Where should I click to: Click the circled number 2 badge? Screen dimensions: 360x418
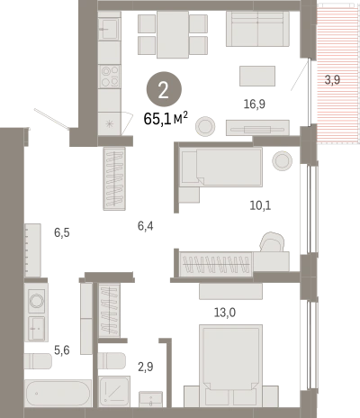point(164,89)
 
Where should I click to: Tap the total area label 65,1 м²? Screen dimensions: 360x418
point(166,119)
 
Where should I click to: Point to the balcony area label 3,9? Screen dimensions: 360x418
point(332,80)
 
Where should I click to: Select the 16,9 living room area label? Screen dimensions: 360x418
point(255,104)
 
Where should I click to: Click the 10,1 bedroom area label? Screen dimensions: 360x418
point(260,205)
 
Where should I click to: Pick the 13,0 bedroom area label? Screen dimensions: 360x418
point(225,313)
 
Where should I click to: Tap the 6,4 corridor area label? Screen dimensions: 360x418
point(146,226)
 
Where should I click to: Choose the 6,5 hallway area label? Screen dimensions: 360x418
point(62,232)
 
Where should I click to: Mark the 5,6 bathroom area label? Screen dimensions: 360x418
point(62,350)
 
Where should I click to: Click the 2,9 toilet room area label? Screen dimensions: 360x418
point(146,367)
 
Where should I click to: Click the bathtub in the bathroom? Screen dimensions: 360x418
point(58,394)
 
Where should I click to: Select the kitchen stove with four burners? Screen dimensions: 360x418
point(110,77)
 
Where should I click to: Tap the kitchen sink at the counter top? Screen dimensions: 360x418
point(110,29)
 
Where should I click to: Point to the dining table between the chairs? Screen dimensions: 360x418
point(173,34)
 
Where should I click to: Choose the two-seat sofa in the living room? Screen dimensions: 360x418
point(257,29)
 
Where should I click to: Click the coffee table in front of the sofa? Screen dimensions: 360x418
point(257,76)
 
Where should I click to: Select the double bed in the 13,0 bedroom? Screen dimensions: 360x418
point(231,366)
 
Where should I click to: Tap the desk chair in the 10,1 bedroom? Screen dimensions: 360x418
point(272,242)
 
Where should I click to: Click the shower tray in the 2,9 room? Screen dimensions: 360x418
point(114,391)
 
